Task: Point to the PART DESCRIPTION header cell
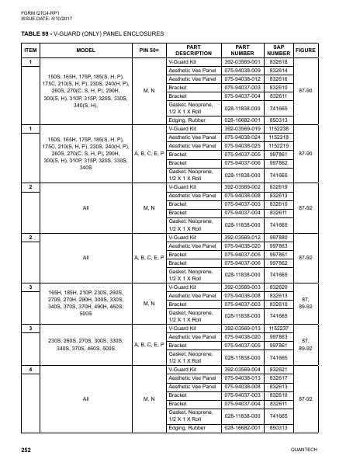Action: (194, 50)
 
